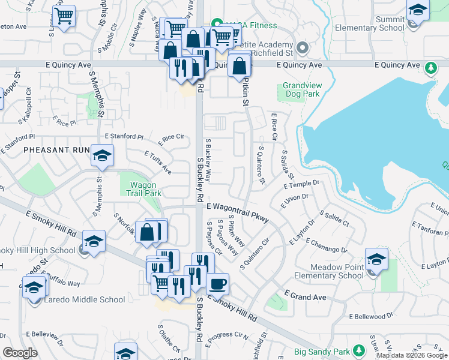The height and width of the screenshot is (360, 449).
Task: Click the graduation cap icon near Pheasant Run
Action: pyautogui.click(x=102, y=156)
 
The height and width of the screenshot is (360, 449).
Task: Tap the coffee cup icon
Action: pyautogui.click(x=217, y=283)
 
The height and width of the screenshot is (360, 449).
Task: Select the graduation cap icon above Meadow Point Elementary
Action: pyautogui.click(x=376, y=259)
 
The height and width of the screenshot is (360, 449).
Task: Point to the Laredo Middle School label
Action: pyautogui.click(x=85, y=299)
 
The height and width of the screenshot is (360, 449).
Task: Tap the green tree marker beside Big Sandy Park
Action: pyautogui.click(x=359, y=350)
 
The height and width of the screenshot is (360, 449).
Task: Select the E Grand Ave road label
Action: pyautogui.click(x=305, y=296)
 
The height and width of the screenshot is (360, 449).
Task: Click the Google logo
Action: pyautogui.click(x=20, y=352)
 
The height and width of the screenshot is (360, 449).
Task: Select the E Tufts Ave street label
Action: pyautogui.click(x=158, y=162)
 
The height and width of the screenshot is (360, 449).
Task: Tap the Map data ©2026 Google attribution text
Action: pyautogui.click(x=412, y=355)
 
